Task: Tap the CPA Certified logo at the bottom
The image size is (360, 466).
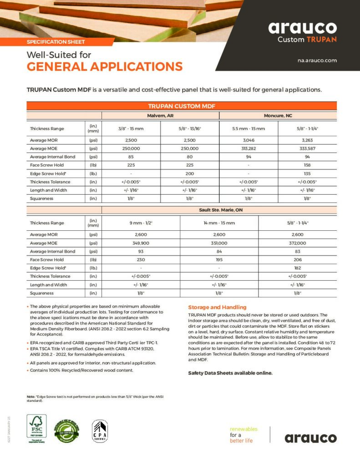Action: [x=100, y=431]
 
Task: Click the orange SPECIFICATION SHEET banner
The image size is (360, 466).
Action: [x=56, y=42]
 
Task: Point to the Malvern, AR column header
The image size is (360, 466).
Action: [x=160, y=116]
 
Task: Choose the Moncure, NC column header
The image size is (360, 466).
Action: [x=278, y=116]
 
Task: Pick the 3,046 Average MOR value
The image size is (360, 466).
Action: [x=248, y=140]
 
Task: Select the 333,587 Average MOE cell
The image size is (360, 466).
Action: [x=307, y=148]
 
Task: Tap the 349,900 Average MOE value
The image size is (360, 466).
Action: [x=141, y=243]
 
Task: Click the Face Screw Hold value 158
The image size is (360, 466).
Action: [x=307, y=165]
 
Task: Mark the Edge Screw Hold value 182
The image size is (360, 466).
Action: [x=298, y=268]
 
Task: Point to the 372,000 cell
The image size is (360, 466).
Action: [x=298, y=243]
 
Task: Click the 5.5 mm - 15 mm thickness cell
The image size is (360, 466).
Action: [x=248, y=129]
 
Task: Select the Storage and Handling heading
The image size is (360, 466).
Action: [x=217, y=307]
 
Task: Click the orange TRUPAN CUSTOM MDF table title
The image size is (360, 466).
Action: [x=182, y=106]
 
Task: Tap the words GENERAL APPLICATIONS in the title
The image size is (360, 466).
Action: [x=105, y=67]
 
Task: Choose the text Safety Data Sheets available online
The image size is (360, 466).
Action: [x=230, y=373]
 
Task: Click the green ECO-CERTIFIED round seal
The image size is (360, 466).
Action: [x=66, y=432]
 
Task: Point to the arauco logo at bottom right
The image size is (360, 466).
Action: [x=311, y=438]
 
